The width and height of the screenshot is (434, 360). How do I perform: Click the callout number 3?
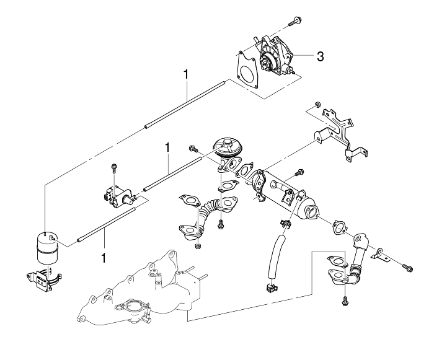320,57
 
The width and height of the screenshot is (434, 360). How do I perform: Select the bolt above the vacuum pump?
295,22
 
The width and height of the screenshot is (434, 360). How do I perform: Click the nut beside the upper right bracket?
317,105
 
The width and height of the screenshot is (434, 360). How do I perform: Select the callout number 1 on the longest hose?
186,74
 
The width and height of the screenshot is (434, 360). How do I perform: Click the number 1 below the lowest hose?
104,258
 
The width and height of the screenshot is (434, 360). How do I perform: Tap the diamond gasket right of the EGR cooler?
339,227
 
